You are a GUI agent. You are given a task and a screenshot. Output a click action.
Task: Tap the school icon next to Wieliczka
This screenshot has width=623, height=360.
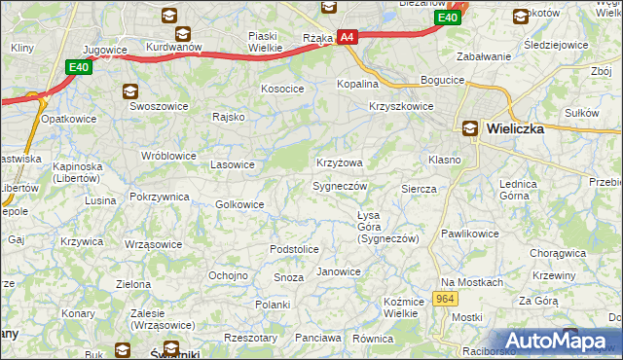470,127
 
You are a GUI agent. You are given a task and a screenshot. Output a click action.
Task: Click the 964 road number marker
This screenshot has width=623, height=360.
446,299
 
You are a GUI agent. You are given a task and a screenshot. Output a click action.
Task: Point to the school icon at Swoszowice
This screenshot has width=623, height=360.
129,91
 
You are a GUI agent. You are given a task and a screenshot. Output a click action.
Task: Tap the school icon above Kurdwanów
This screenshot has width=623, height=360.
169,16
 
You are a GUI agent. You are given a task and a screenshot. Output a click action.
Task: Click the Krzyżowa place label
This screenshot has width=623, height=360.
340,162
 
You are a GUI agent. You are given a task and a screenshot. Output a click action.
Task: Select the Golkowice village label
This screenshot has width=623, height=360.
239,204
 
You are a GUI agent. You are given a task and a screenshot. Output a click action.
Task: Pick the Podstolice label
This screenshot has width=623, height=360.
294,249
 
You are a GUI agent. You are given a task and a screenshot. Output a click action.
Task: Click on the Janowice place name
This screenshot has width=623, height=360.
339,271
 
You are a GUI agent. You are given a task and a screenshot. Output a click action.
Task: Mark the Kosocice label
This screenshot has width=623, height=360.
282,89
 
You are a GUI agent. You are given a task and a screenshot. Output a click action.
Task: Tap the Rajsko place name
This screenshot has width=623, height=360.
228,117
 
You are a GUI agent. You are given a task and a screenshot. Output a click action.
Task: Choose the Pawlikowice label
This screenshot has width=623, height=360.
469,234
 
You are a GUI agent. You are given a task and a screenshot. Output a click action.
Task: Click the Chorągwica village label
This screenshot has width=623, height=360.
558,253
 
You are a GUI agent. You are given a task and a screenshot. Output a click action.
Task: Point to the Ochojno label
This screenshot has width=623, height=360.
228,275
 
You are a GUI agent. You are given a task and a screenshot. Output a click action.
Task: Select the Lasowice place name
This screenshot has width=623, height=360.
234,164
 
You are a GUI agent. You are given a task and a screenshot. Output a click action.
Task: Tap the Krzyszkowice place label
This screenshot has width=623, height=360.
401,107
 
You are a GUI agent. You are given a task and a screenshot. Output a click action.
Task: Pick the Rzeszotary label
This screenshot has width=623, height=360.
250,338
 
